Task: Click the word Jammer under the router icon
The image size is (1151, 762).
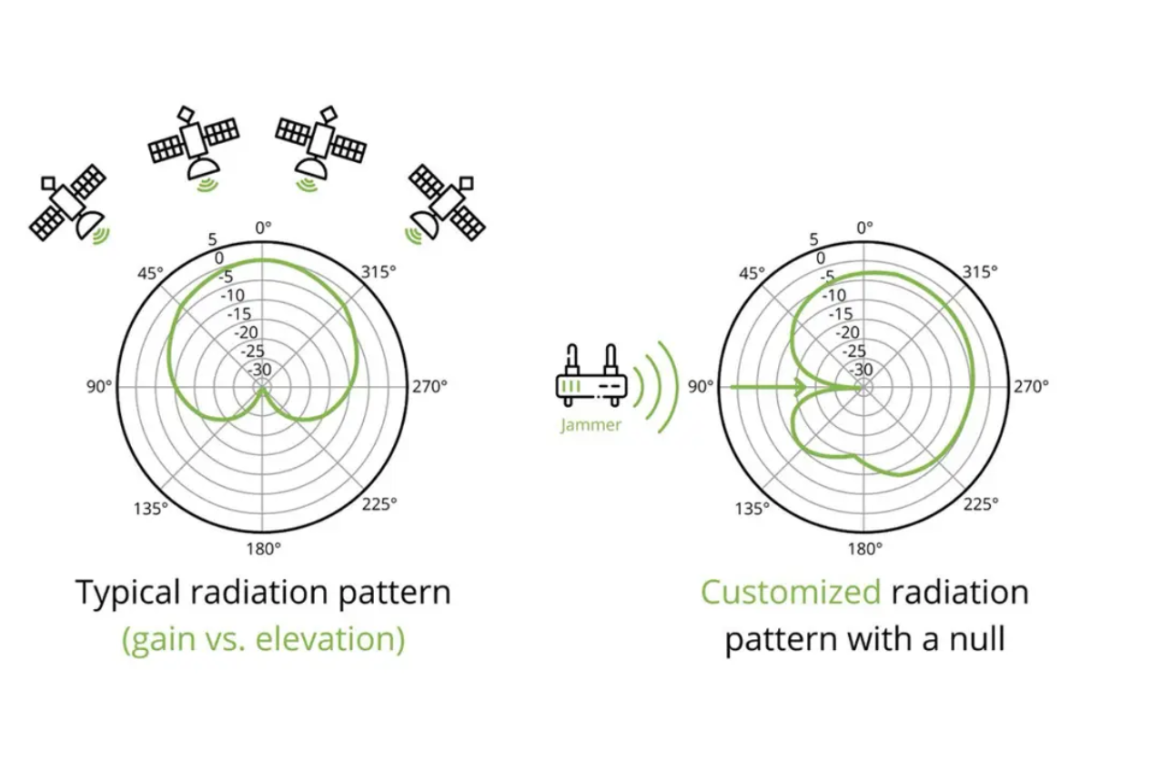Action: (591, 424)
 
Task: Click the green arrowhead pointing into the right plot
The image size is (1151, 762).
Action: (800, 387)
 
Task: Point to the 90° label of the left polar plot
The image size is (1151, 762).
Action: (99, 386)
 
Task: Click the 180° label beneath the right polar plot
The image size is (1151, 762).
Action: (864, 548)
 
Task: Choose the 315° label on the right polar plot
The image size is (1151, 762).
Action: (980, 271)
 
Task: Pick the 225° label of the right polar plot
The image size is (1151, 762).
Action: (981, 503)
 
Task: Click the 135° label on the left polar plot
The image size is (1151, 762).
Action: (150, 508)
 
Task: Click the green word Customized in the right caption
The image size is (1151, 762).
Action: (791, 593)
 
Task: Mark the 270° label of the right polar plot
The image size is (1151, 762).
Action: (1031, 386)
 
